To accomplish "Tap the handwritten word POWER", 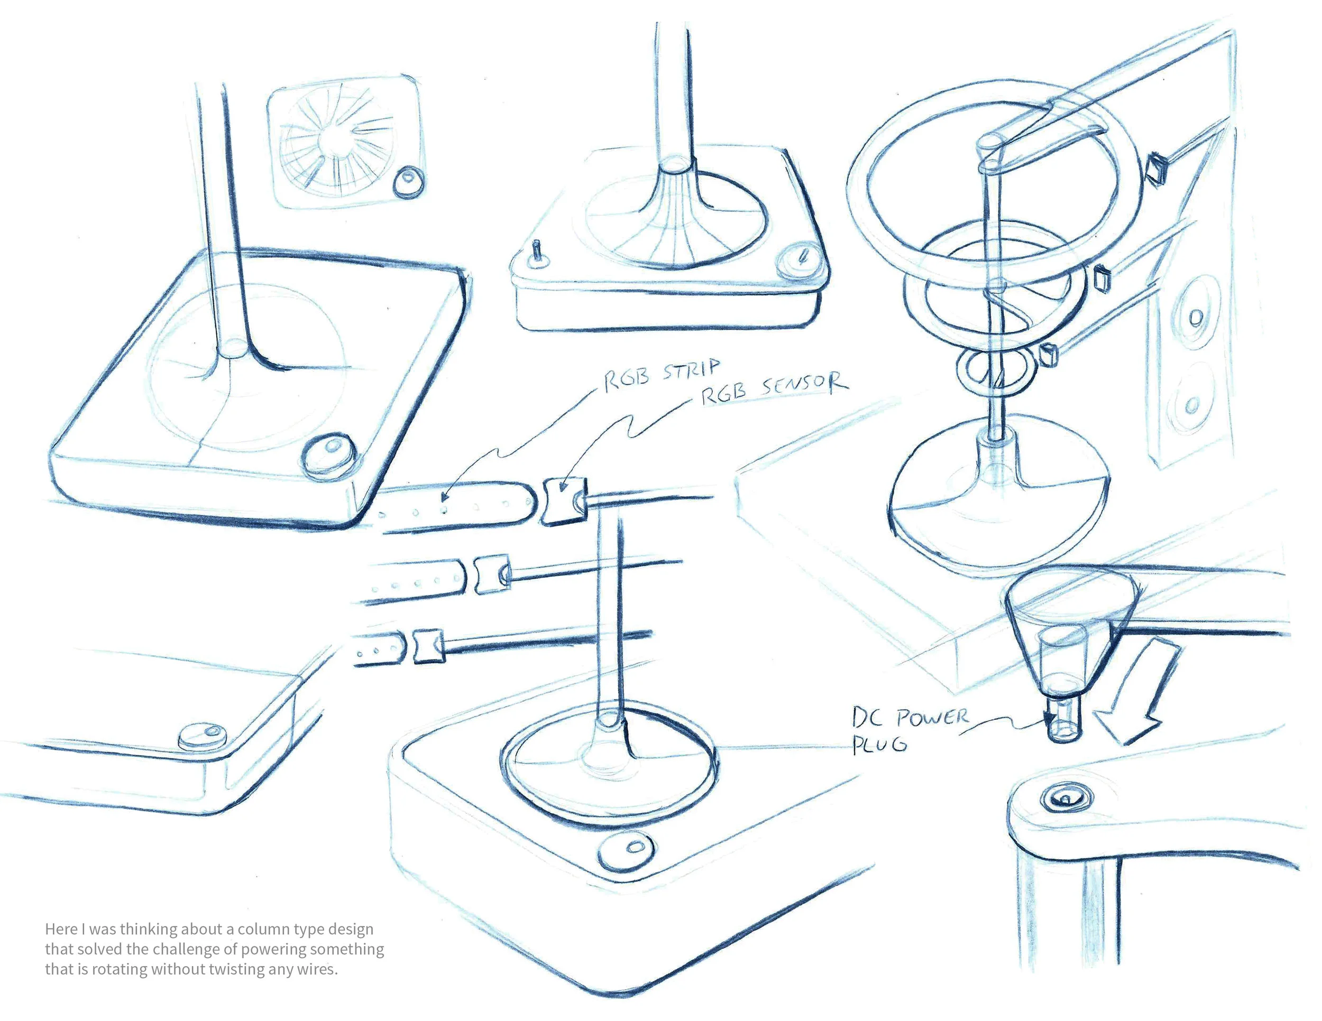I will pyautogui.click(x=932, y=718).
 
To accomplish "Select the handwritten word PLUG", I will pyautogui.click(x=879, y=745).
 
